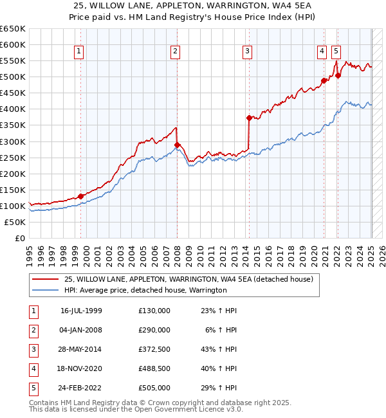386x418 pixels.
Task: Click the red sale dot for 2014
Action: coord(248,118)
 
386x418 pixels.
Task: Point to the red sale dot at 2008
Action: coord(176,144)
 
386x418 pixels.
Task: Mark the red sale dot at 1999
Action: coord(80,196)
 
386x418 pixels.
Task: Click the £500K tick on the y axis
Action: coord(13,77)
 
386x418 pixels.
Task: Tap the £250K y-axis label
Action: coord(13,158)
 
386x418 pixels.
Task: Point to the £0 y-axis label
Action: coord(19,238)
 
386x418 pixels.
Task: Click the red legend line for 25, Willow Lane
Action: coord(45,280)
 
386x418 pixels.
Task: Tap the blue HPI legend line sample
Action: coord(45,290)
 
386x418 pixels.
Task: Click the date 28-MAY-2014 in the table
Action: coord(81,349)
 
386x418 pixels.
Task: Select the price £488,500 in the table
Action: coord(154,368)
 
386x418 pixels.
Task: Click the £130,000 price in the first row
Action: coord(154,311)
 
